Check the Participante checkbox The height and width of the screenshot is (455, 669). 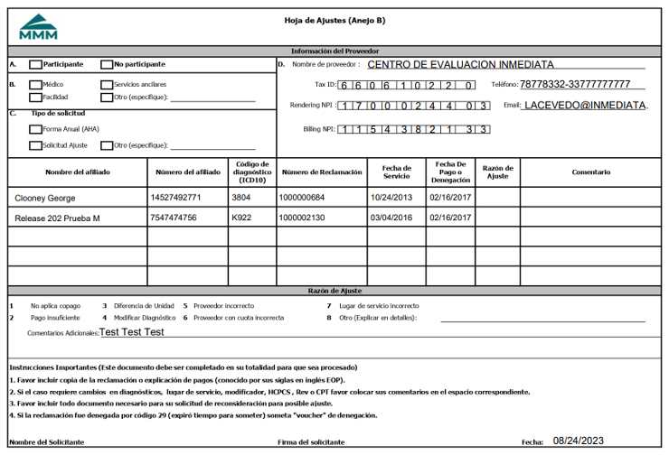[35, 65]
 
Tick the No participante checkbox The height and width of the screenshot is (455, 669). [108, 65]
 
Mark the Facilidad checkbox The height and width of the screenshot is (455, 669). [35, 97]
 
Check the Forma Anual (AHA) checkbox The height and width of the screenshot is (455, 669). [35, 130]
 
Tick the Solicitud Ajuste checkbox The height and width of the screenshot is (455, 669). [35, 145]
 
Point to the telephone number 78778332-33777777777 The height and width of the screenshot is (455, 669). [575, 85]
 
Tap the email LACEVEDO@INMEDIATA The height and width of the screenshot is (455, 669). [586, 106]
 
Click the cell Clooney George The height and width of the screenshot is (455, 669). [45, 197]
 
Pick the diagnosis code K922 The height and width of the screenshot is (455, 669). [241, 218]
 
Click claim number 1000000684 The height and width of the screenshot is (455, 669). [301, 197]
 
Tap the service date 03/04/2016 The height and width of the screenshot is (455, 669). [391, 218]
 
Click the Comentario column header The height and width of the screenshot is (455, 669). [590, 172]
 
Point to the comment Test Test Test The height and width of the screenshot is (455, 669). [132, 332]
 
